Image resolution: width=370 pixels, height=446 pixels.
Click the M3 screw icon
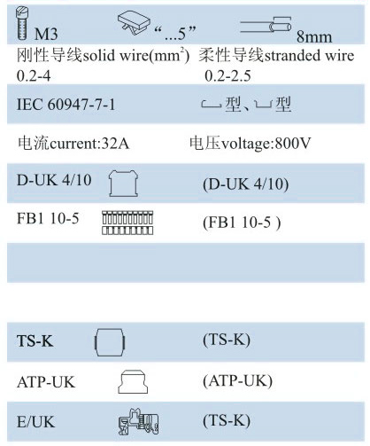(x=22, y=24)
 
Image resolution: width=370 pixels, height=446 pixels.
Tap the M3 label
(x=46, y=34)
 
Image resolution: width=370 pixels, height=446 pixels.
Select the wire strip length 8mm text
(x=314, y=37)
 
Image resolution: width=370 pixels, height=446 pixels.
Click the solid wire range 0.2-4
(x=34, y=76)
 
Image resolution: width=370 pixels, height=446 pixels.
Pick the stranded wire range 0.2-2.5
(x=227, y=76)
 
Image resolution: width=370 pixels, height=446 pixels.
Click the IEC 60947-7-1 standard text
(x=66, y=105)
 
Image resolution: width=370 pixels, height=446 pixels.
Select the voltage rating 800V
(x=293, y=144)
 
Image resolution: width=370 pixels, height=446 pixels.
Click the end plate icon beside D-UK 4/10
(x=123, y=184)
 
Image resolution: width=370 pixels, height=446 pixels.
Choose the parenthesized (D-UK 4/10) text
(x=246, y=184)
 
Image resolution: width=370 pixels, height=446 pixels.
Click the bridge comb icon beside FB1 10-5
(x=127, y=223)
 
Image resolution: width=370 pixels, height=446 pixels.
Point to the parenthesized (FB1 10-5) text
(x=242, y=223)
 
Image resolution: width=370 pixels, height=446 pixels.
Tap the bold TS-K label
(x=35, y=340)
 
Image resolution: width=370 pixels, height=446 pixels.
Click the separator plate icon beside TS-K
(x=110, y=342)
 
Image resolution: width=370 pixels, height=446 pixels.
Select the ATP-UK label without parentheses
(x=46, y=382)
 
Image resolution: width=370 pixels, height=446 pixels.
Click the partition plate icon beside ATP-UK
(x=133, y=381)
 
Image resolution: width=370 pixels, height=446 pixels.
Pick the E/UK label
(x=35, y=422)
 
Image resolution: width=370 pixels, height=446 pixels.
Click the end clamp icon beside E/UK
(x=138, y=421)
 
